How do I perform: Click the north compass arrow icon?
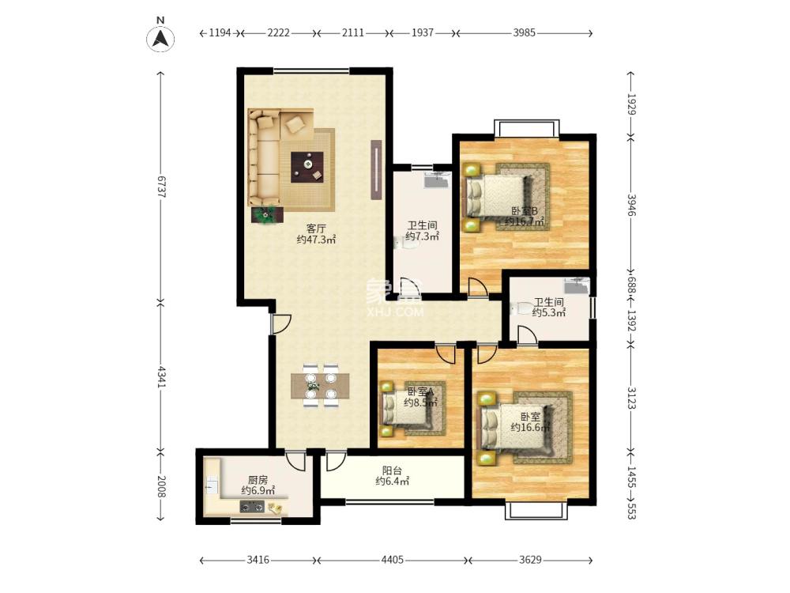pyautogui.click(x=160, y=38)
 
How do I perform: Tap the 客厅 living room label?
pyautogui.click(x=316, y=229)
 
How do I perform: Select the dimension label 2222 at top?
pyautogui.click(x=279, y=32)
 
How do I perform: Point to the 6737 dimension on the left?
pyautogui.click(x=160, y=187)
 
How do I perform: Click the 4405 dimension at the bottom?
pyautogui.click(x=393, y=560)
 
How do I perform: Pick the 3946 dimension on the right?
pyautogui.click(x=631, y=205)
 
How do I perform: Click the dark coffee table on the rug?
pyautogui.click(x=307, y=167)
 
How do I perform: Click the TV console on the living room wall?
pyautogui.click(x=376, y=169)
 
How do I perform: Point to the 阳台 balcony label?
pyautogui.click(x=392, y=470)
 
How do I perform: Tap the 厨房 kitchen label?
pyautogui.click(x=258, y=480)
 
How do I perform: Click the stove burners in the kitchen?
pyautogui.click(x=252, y=507)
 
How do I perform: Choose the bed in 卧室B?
pyautogui.click(x=498, y=197)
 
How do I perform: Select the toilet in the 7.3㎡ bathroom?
pyautogui.click(x=406, y=244)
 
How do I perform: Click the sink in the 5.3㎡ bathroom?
pyautogui.click(x=577, y=286)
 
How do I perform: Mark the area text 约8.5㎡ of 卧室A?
pyautogui.click(x=420, y=403)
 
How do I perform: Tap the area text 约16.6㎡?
pyautogui.click(x=529, y=428)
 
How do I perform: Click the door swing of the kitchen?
pyautogui.click(x=295, y=459)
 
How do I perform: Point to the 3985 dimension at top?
pyautogui.click(x=524, y=32)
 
